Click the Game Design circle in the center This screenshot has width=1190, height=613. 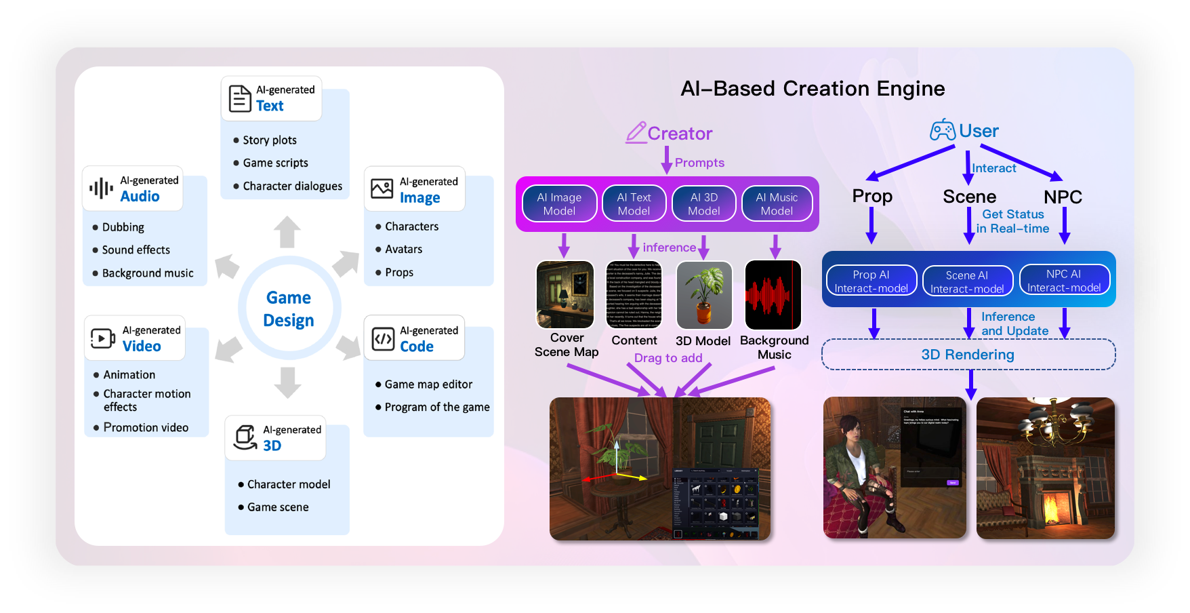click(x=289, y=309)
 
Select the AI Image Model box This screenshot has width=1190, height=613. click(x=559, y=204)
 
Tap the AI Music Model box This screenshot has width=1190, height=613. click(x=777, y=204)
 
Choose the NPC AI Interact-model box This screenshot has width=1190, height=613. click(x=1064, y=281)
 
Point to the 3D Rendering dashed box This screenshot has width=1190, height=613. click(x=968, y=355)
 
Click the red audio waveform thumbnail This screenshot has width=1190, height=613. click(x=773, y=295)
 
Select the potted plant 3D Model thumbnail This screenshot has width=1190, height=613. click(x=704, y=295)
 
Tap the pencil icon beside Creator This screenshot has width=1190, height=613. click(x=636, y=132)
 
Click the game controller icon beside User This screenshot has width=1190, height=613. click(x=942, y=130)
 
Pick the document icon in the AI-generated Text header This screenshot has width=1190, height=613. click(x=239, y=98)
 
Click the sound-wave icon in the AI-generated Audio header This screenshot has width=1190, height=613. click(x=101, y=189)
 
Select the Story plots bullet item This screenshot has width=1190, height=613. click(x=270, y=140)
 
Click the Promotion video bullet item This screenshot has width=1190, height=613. click(x=146, y=428)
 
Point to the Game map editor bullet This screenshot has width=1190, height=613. click(x=428, y=384)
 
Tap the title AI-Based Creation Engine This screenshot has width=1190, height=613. click(x=812, y=89)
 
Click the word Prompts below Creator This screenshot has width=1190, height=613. click(x=699, y=163)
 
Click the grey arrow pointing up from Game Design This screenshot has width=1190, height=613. click(x=287, y=232)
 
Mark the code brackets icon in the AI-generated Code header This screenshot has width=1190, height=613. click(x=384, y=338)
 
